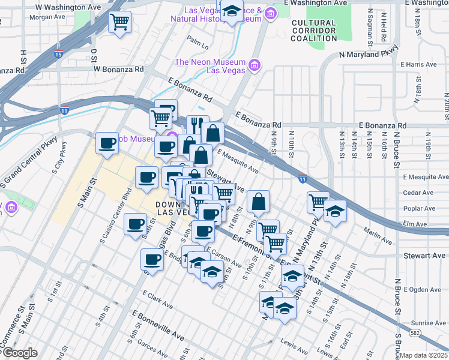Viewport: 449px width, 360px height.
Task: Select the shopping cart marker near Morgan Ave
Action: (x=119, y=23)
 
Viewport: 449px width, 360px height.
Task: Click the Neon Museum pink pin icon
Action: (x=254, y=64)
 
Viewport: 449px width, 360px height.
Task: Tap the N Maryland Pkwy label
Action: (x=369, y=54)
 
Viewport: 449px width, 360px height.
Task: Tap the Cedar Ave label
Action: (x=418, y=193)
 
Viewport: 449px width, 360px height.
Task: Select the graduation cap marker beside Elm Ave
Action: (x=335, y=212)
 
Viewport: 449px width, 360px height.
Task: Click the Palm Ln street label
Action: (x=197, y=44)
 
